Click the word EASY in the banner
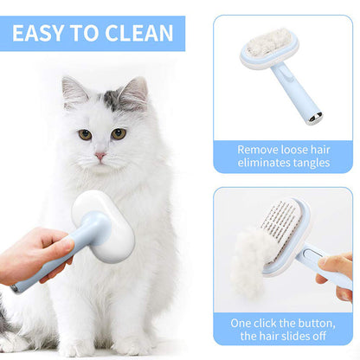pos(38,33)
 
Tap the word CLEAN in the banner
pos(138,33)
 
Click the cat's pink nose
pos(100,156)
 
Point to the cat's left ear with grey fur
pos(133,93)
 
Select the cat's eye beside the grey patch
pos(119,134)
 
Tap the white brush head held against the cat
pos(105,225)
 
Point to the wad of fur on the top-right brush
pos(270,41)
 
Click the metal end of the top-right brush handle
pos(315,119)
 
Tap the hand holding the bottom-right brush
pos(337,275)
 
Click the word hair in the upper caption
pos(320,150)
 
